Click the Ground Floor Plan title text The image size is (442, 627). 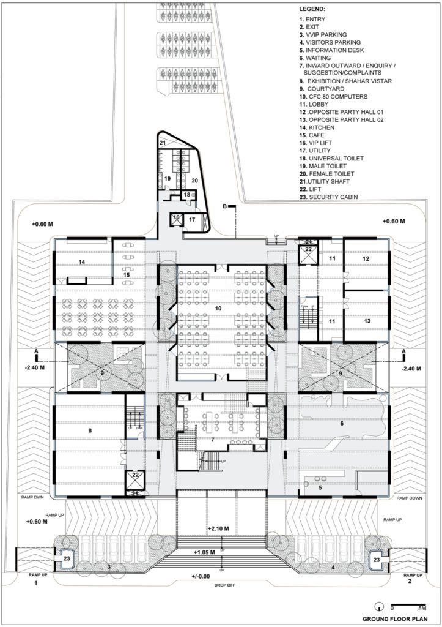point(391,618)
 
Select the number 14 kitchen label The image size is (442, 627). point(81,261)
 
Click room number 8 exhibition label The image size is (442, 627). point(90,431)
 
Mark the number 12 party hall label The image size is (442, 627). point(366,259)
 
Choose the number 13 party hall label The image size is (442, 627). point(366,321)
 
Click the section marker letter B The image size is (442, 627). point(225,206)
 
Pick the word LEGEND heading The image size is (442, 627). point(312,10)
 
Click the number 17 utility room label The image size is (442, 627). point(191,219)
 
